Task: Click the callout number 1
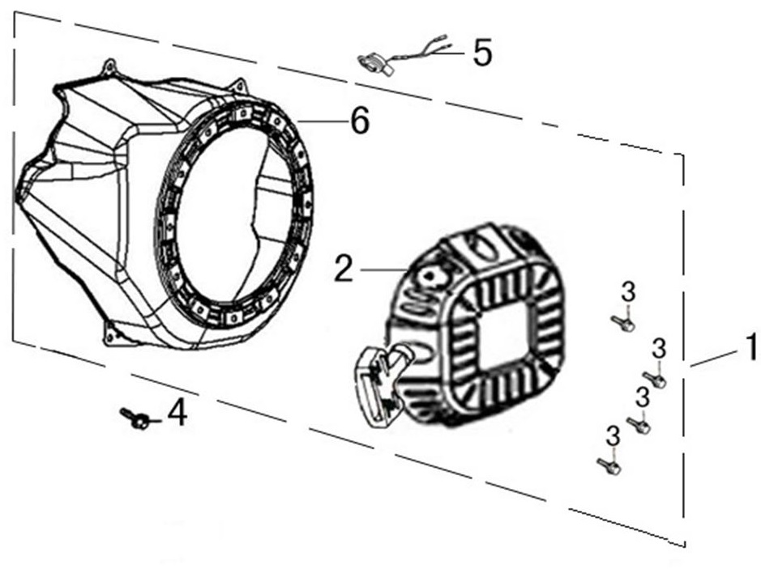click(x=750, y=348)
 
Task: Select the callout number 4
click(x=177, y=414)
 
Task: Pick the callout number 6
click(x=359, y=121)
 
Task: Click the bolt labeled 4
click(x=136, y=418)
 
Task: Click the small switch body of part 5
click(x=372, y=62)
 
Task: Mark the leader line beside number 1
click(x=712, y=359)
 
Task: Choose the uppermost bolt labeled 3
click(x=622, y=324)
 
